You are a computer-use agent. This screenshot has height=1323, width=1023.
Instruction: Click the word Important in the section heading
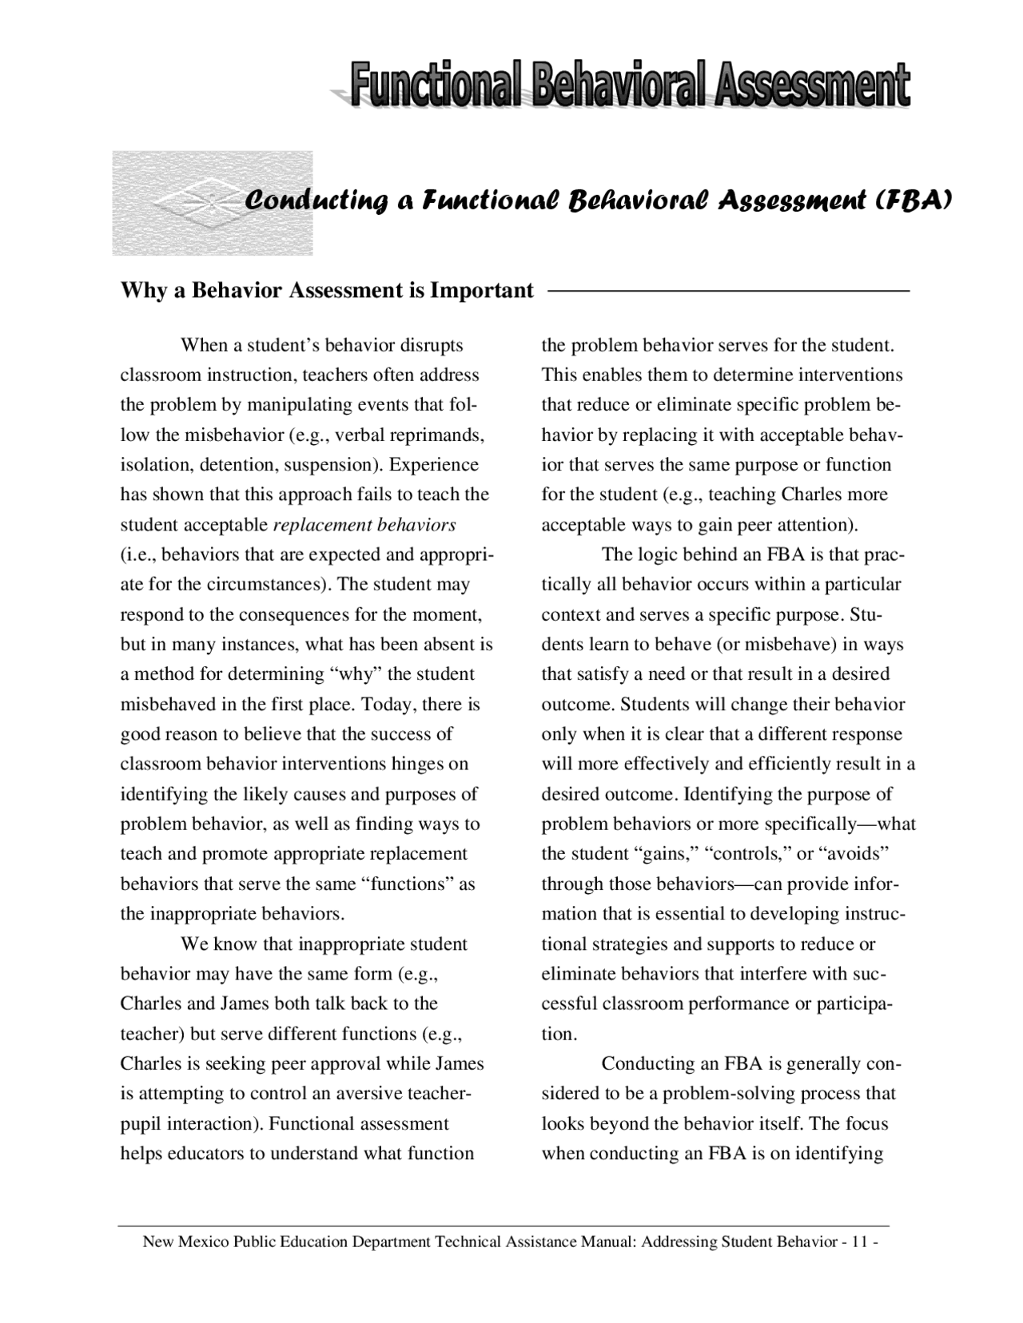(x=482, y=290)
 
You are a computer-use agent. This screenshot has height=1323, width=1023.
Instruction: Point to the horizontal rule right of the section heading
(x=727, y=291)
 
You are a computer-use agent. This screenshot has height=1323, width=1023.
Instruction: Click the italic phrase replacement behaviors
(x=364, y=525)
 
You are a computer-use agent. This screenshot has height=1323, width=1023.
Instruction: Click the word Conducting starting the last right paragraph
(x=649, y=1064)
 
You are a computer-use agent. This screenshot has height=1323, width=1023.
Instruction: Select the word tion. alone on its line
(x=558, y=1035)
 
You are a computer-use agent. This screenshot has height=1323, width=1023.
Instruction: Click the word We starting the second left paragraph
(x=195, y=944)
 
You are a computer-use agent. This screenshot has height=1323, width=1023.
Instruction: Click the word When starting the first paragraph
(x=205, y=346)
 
